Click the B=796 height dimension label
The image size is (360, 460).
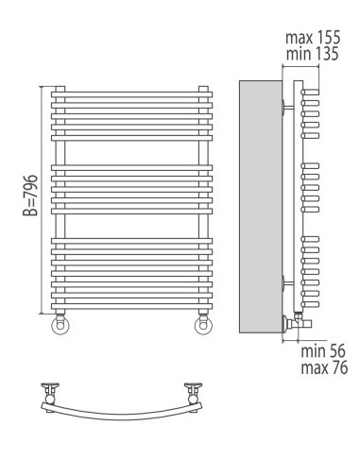[30, 196]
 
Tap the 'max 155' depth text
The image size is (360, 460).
[313, 38]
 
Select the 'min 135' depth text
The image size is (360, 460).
[312, 54]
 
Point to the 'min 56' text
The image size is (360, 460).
[323, 351]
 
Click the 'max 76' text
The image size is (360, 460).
[324, 367]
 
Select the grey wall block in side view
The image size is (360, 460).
[261, 207]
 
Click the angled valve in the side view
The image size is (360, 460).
[297, 323]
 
